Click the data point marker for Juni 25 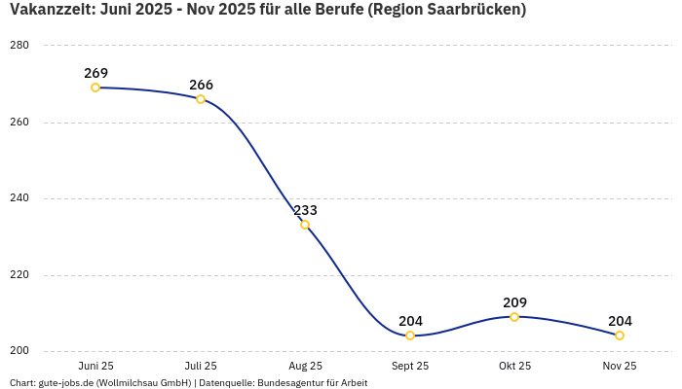pos(95,88)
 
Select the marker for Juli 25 pos(201,99)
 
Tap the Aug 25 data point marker pos(305,225)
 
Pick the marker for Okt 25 pos(514,317)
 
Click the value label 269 pos(95,73)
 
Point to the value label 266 pos(201,85)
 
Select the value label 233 pos(305,210)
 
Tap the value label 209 pos(514,302)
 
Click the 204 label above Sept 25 pos(410,321)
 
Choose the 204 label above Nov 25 pos(620,321)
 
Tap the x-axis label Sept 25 pos(410,366)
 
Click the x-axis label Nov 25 pos(620,366)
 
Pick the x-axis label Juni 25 pos(95,366)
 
